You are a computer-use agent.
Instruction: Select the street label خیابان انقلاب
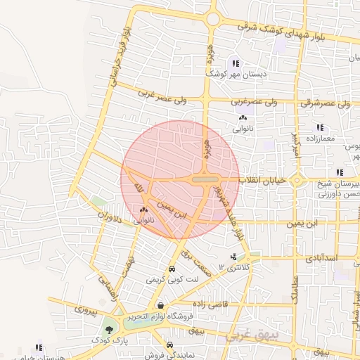pyautogui.click(x=263, y=181)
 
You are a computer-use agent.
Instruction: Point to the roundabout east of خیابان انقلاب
pyautogui.click(x=297, y=181)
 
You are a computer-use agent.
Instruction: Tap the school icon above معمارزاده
pyautogui.click(x=320, y=128)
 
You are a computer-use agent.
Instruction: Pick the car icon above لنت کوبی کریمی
pyautogui.click(x=172, y=269)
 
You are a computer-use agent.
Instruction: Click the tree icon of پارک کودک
pyautogui.click(x=108, y=328)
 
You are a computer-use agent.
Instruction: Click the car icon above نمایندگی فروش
pyautogui.click(x=171, y=345)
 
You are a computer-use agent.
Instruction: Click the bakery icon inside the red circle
pyautogui.click(x=144, y=210)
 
